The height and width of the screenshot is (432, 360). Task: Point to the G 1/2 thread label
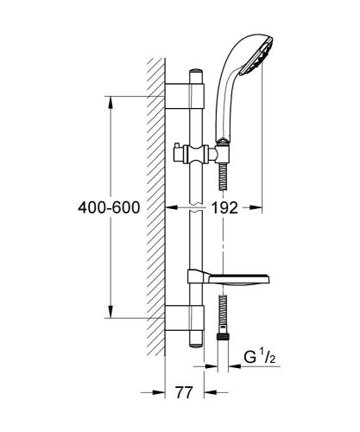(259, 355)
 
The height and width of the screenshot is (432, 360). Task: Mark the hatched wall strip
(156, 207)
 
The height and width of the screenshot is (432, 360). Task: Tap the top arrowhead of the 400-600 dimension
(111, 99)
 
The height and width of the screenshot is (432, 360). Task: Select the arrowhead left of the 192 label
(171, 207)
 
